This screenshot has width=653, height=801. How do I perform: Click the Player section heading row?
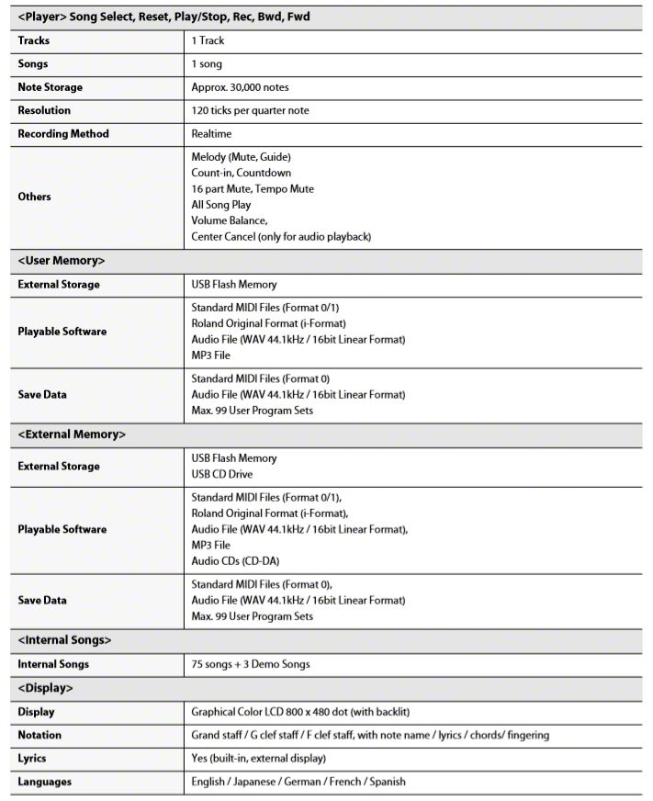pos(165,17)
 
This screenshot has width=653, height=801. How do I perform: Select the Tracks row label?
pos(33,40)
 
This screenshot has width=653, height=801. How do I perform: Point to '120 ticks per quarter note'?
pos(250,110)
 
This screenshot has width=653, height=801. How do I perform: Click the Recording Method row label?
pos(62,134)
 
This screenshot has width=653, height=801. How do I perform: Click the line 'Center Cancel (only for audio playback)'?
pos(280,237)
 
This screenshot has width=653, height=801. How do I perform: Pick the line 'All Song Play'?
pos(221,205)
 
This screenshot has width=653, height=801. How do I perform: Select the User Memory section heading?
pos(62,261)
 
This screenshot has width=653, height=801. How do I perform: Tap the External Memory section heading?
pos(72,434)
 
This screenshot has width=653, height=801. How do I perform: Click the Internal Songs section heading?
pos(65,639)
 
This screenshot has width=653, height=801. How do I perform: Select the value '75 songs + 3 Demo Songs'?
pos(250,664)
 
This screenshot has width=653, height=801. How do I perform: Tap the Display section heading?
pos(45,688)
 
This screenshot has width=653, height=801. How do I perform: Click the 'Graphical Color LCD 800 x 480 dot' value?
pos(299,712)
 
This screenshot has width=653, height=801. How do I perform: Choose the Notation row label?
pos(39,736)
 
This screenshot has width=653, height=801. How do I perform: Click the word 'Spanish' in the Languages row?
pos(385,783)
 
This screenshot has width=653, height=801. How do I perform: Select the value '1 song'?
pos(207,64)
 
